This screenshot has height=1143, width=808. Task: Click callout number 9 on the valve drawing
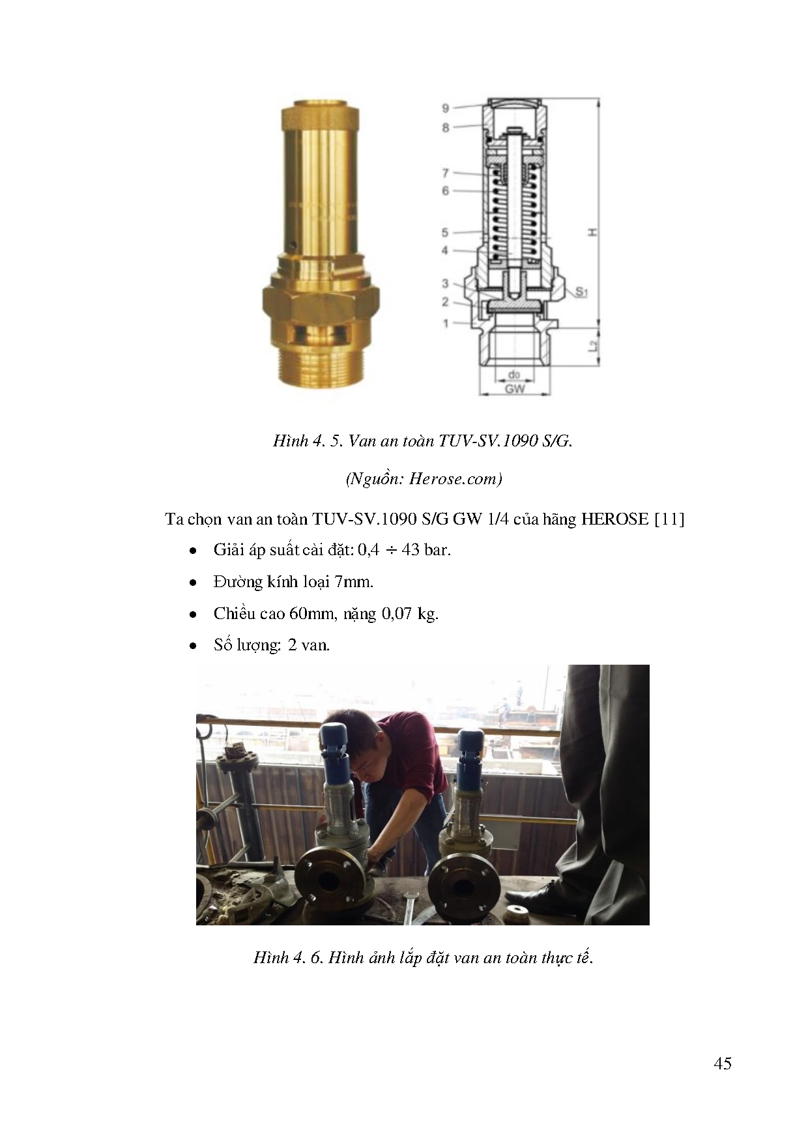(x=445, y=108)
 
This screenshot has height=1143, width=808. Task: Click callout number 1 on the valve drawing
(x=446, y=323)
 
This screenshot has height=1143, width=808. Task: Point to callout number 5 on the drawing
(x=445, y=232)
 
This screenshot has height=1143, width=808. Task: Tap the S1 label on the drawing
(x=581, y=292)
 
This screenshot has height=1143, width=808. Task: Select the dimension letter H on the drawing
(x=592, y=232)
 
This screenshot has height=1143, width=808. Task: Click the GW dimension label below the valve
(x=515, y=389)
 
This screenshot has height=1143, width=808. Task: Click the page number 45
(x=723, y=1063)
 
